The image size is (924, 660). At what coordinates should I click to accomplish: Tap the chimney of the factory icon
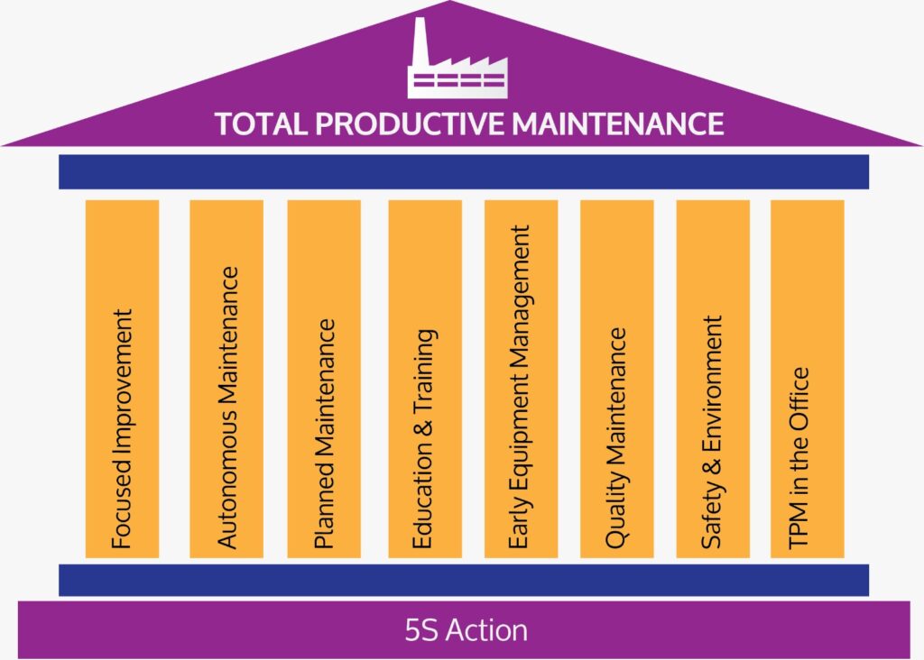[x=419, y=42]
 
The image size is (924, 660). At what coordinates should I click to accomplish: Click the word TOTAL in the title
[x=261, y=124]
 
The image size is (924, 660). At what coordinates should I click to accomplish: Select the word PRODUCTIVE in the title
[x=410, y=124]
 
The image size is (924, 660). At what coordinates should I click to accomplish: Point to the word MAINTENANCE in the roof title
[x=617, y=124]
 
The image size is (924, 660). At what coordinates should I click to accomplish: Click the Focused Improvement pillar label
[x=122, y=428]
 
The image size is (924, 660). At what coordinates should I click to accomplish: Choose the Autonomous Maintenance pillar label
[x=227, y=408]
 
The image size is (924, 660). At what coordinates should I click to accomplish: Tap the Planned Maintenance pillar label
[x=324, y=434]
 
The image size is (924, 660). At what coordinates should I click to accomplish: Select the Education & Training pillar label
[x=425, y=438]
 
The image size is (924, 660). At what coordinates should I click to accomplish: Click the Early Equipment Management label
[x=520, y=387]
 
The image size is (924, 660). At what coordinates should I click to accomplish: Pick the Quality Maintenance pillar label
[x=616, y=438]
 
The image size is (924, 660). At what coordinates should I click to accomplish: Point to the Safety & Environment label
[x=712, y=432]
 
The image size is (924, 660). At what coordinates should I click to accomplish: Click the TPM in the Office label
[x=799, y=459]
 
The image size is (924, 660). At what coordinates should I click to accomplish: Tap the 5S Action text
[x=467, y=630]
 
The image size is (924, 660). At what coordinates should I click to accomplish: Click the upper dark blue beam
[x=464, y=172]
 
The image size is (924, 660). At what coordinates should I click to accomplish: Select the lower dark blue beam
[x=464, y=580]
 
